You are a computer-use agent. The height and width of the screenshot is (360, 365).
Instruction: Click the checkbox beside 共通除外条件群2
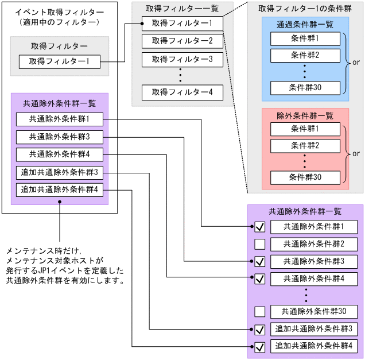pos(260,244)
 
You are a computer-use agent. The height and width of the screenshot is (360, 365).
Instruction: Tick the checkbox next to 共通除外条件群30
pos(260,312)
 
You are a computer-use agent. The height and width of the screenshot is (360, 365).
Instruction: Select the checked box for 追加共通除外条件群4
pos(260,347)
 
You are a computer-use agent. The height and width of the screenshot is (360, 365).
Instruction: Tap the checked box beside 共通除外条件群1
pos(260,227)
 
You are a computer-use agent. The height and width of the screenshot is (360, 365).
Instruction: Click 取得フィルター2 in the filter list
pos(182,41)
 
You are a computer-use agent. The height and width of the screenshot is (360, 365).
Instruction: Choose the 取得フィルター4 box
pos(182,92)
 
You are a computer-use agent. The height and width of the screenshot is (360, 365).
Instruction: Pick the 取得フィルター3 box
pos(182,59)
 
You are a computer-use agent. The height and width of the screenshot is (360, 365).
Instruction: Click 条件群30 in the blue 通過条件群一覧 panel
pos(305,88)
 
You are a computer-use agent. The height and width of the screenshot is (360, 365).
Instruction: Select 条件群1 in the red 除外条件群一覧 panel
pos(305,128)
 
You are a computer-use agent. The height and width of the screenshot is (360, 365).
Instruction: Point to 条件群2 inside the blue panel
pos(305,55)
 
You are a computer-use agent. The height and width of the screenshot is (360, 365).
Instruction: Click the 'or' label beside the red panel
pos(356,153)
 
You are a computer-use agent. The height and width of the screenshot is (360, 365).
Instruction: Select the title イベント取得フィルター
pos(59,11)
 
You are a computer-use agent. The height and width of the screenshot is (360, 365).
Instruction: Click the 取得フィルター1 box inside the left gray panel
pos(60,62)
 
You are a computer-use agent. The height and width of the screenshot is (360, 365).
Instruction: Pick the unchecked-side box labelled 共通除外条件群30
pos(314,312)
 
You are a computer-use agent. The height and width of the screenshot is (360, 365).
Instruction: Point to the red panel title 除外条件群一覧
pos(305,115)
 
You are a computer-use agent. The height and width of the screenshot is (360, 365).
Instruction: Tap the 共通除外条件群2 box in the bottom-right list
pos(314,244)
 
